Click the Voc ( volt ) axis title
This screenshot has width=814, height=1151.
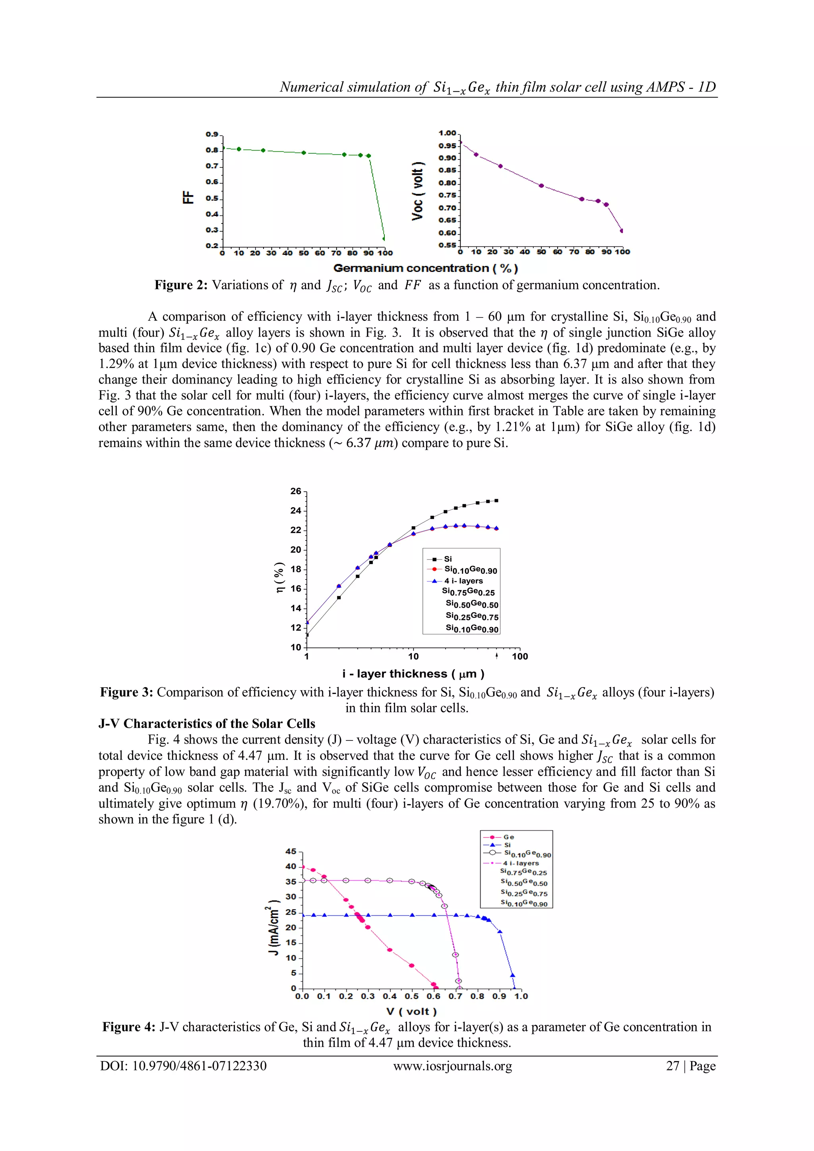pyautogui.click(x=417, y=191)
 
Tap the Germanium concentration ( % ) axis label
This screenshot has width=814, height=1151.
pyautogui.click(x=426, y=268)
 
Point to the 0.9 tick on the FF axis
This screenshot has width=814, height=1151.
pyautogui.click(x=212, y=134)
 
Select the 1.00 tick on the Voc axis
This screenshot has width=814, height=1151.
pyautogui.click(x=447, y=133)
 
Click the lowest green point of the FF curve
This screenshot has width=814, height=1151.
pyautogui.click(x=384, y=238)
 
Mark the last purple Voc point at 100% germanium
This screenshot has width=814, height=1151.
pyautogui.click(x=622, y=231)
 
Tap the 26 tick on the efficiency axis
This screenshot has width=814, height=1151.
pyautogui.click(x=296, y=491)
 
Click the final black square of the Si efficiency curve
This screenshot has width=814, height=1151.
pyautogui.click(x=496, y=500)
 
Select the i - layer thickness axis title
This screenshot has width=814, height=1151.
pyautogui.click(x=413, y=674)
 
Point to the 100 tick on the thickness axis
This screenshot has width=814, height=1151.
pyautogui.click(x=520, y=656)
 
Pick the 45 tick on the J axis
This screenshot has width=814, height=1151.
pyautogui.click(x=291, y=852)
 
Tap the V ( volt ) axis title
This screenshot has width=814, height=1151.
pyautogui.click(x=411, y=1011)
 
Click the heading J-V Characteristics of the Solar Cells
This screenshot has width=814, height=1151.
pyautogui.click(x=207, y=723)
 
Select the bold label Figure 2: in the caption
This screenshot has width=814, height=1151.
pyautogui.click(x=180, y=285)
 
